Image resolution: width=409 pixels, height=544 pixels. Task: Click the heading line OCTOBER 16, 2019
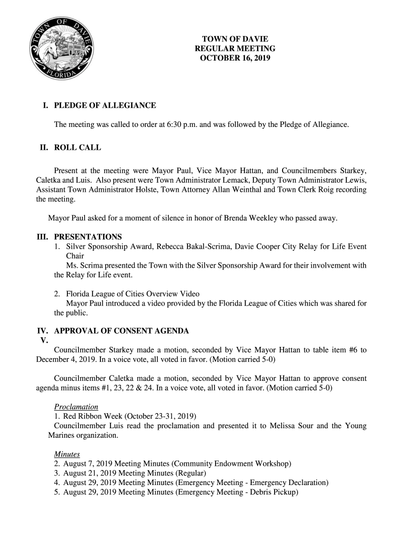(x=235, y=58)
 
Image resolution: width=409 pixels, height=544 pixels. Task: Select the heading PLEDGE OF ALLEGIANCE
(x=105, y=106)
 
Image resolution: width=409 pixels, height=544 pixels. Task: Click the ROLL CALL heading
(x=78, y=148)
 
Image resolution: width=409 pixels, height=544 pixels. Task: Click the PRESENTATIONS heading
(x=88, y=237)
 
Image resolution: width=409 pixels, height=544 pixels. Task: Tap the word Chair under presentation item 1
(x=75, y=256)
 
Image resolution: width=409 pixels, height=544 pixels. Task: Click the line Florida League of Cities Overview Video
(x=133, y=294)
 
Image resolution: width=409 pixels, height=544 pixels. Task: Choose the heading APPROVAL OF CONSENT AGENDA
(x=122, y=331)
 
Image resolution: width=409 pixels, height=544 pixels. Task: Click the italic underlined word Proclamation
(x=76, y=407)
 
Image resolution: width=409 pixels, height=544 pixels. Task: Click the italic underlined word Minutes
(x=67, y=454)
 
